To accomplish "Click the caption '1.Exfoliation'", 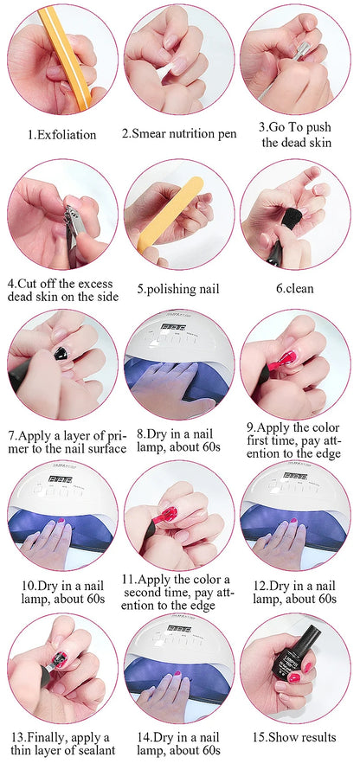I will pos(61,135).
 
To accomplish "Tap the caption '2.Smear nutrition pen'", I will pos(179,134).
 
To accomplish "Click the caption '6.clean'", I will pos(294,288).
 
